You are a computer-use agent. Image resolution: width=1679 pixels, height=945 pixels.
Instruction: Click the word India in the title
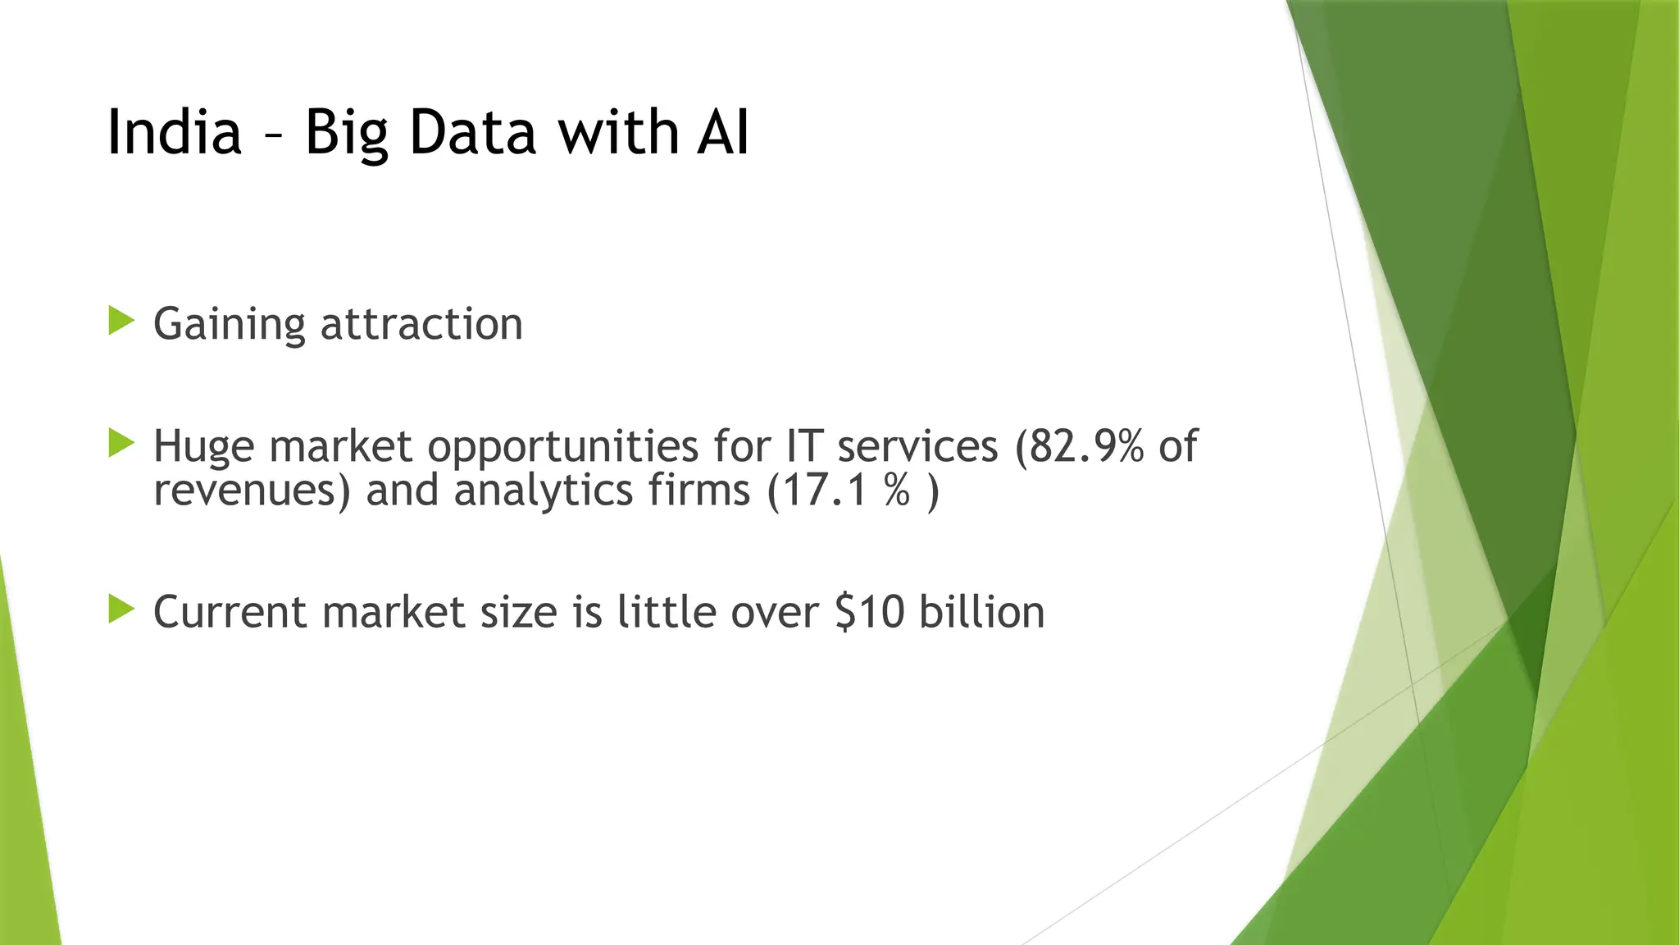click(175, 132)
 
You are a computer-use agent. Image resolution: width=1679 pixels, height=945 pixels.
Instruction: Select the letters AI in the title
click(723, 132)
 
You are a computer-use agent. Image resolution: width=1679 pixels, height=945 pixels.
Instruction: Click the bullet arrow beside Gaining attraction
click(121, 321)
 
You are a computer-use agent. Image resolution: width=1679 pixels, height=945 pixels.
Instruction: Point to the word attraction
click(421, 324)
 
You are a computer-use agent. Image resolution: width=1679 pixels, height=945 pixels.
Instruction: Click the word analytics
click(543, 491)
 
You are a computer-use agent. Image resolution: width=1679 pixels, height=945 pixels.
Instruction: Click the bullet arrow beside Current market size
click(121, 609)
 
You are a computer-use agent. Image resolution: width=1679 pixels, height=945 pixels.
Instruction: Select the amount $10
click(871, 613)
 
